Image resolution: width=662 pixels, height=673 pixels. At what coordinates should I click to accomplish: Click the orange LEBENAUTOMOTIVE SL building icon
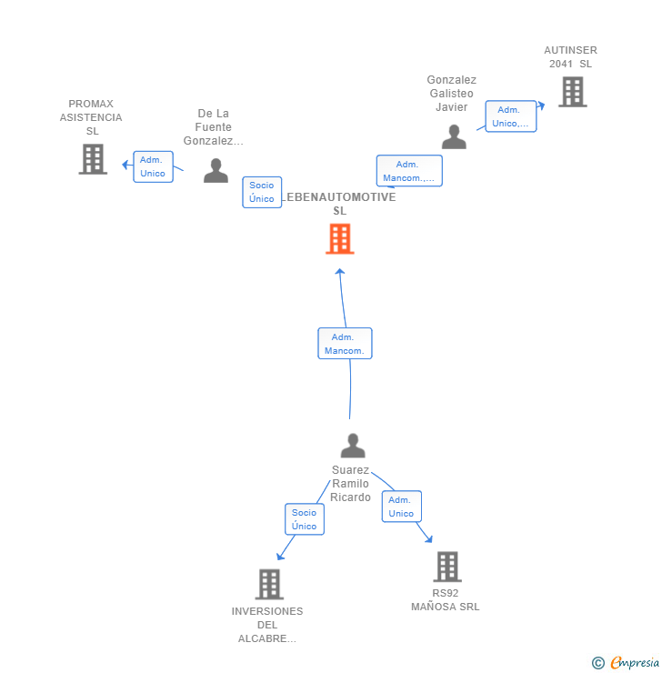pyautogui.click(x=339, y=239)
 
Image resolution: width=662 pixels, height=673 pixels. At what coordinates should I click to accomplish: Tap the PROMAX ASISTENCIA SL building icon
pyautogui.click(x=93, y=159)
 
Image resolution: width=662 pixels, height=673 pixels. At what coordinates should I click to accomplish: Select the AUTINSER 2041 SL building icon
pyautogui.click(x=572, y=92)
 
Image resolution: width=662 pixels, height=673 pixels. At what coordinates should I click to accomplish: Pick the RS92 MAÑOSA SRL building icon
pyautogui.click(x=446, y=567)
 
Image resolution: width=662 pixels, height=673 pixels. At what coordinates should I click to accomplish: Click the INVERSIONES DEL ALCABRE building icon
pyautogui.click(x=269, y=584)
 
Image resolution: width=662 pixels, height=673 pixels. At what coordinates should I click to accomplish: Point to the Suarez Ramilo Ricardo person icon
pyautogui.click(x=352, y=446)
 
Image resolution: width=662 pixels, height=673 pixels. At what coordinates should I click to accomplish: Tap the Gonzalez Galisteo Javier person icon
pyautogui.click(x=453, y=137)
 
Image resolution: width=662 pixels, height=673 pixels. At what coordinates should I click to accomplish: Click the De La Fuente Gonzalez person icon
pyautogui.click(x=216, y=171)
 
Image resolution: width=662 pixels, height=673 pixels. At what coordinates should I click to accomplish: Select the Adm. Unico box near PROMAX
pyautogui.click(x=153, y=166)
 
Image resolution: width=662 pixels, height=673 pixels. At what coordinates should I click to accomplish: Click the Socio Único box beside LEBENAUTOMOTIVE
pyautogui.click(x=262, y=192)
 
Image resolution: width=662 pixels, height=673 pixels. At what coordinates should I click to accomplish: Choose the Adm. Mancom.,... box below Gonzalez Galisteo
pyautogui.click(x=409, y=171)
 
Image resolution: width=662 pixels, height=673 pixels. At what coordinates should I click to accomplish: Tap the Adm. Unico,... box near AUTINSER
pyautogui.click(x=510, y=116)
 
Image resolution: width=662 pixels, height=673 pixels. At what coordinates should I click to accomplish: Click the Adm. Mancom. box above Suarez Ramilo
pyautogui.click(x=345, y=344)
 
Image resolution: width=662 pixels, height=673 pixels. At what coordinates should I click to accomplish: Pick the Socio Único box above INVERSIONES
pyautogui.click(x=304, y=519)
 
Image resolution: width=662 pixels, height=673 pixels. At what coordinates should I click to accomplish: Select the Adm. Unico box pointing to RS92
pyautogui.click(x=401, y=507)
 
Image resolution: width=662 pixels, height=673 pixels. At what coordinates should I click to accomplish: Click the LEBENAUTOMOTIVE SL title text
pyautogui.click(x=339, y=204)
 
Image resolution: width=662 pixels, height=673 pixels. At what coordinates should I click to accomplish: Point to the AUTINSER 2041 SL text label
pyautogui.click(x=570, y=56)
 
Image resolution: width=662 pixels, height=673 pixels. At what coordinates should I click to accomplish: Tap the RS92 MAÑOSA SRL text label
pyautogui.click(x=446, y=599)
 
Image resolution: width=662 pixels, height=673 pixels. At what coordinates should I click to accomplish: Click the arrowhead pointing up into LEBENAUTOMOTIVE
pyautogui.click(x=339, y=271)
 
